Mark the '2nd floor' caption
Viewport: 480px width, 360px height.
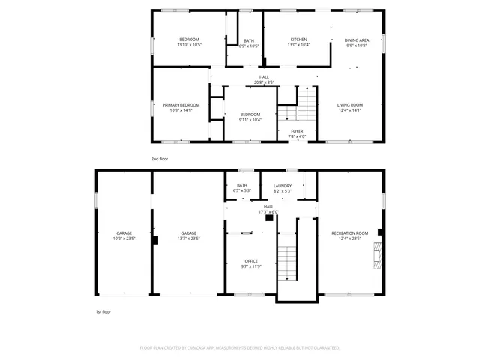click(160, 159)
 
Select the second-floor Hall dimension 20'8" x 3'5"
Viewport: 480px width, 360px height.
click(264, 82)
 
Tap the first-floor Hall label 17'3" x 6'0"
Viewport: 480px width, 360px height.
click(268, 209)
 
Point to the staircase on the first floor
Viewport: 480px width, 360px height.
click(287, 262)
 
